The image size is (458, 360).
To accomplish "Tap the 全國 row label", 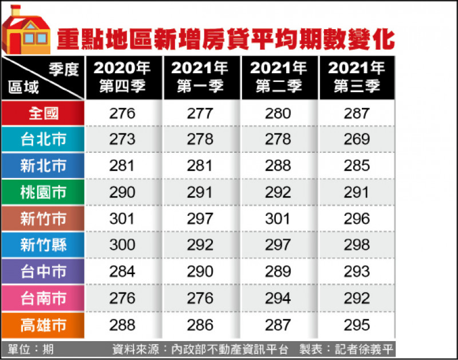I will point(44,113).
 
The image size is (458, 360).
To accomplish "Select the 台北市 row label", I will point(44,139).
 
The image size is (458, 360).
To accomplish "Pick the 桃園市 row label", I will point(44,192).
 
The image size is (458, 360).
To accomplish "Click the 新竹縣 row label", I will point(44,245).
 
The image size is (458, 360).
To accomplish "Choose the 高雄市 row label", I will point(44,325).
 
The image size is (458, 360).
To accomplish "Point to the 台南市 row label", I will point(44,298).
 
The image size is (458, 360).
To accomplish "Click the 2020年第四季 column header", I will point(122,77).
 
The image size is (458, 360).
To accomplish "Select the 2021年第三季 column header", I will point(357,77).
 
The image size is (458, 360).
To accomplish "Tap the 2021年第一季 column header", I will point(200,77).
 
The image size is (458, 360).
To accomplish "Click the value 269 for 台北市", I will point(357,139).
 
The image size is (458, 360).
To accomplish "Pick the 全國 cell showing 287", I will point(357,113).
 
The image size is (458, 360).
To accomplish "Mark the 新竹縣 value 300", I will point(122,245).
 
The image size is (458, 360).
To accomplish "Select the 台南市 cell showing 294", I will point(278,298).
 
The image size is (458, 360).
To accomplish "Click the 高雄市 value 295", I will point(357,325).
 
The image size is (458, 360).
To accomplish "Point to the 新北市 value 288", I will point(278,166).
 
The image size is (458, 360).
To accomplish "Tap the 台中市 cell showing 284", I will point(122,271).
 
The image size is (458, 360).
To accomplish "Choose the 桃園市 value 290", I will point(122,192).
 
